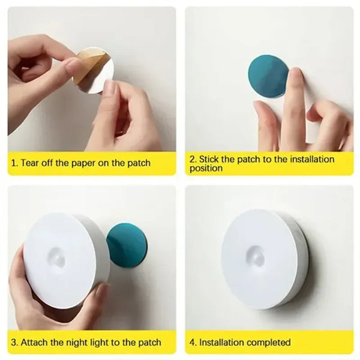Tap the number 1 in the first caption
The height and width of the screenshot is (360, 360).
[x=13, y=163]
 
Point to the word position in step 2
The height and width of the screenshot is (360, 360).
[x=206, y=169]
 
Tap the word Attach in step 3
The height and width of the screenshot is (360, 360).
[x=35, y=343]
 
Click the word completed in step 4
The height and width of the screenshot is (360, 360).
[x=269, y=343]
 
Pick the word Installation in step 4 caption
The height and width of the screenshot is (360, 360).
[x=223, y=343]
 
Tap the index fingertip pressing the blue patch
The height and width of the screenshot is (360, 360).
[x=293, y=77]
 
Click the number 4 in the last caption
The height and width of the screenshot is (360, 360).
[x=193, y=343]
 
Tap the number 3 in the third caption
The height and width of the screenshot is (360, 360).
[x=13, y=343]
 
